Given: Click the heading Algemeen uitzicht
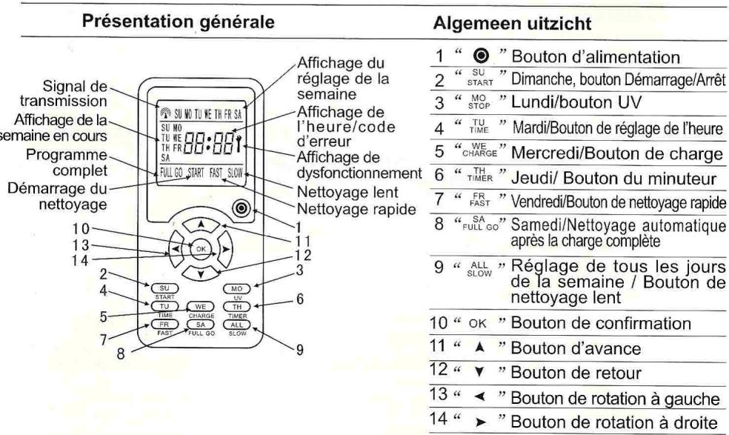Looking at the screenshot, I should click(513, 23).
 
